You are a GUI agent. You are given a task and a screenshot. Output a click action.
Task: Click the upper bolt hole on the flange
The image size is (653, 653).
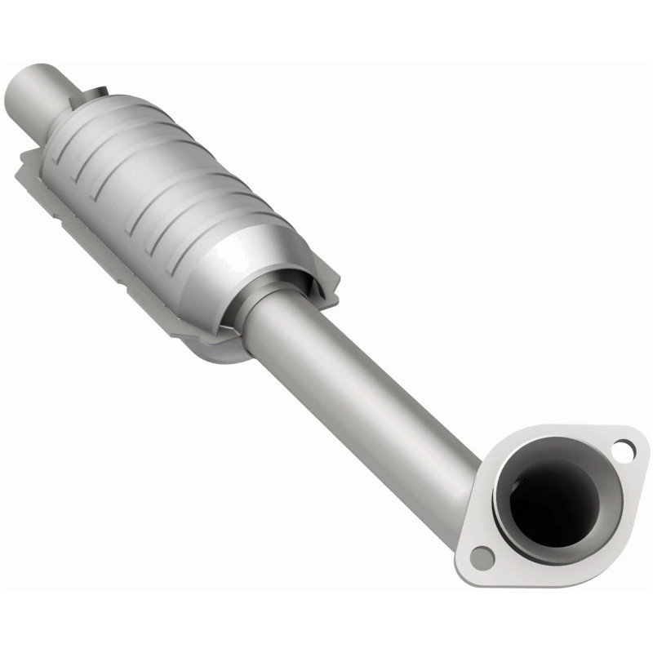pyautogui.click(x=624, y=448)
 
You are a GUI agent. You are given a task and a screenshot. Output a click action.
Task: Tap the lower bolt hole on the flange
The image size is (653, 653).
pyautogui.click(x=482, y=557)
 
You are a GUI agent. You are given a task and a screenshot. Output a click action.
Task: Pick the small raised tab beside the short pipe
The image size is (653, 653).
pyautogui.click(x=99, y=89)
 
